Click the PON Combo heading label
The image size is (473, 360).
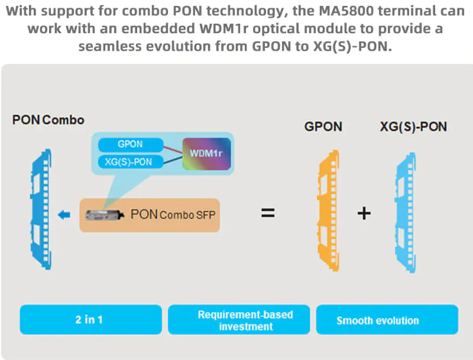coord(48,120)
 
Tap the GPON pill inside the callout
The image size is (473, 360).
coord(129,144)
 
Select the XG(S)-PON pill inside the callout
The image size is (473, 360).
coord(129,162)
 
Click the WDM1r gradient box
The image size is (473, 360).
coord(205,154)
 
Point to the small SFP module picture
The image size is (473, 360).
coord(105,215)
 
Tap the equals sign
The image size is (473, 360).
coord(268,213)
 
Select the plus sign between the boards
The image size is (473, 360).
coord(364,213)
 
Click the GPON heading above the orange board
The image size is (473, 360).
coord(323,127)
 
